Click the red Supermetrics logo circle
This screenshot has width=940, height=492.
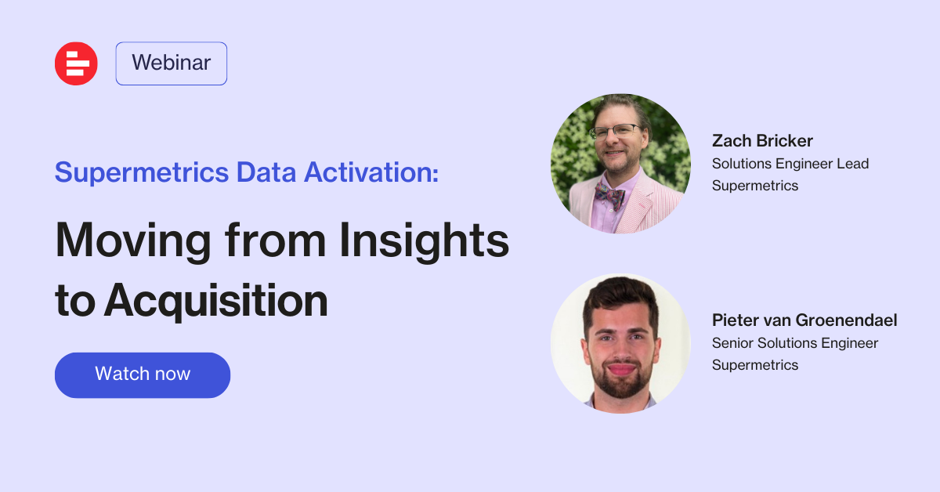click(x=76, y=63)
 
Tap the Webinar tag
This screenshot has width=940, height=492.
click(x=172, y=63)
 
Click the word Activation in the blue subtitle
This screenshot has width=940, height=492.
click(x=371, y=172)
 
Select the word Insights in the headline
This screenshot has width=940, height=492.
click(x=424, y=241)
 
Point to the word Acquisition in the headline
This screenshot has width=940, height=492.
click(x=215, y=301)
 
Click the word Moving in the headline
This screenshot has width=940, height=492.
click(x=133, y=241)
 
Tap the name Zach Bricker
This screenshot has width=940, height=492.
click(x=762, y=141)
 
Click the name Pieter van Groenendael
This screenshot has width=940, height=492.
click(x=804, y=320)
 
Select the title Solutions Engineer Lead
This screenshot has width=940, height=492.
click(x=790, y=164)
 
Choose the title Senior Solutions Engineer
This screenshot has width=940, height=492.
click(x=795, y=343)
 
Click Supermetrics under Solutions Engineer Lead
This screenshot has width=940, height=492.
click(x=755, y=186)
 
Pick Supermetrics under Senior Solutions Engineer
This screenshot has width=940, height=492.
click(x=755, y=365)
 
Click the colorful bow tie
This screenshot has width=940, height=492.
click(x=609, y=195)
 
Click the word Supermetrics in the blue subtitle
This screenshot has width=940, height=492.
click(x=142, y=172)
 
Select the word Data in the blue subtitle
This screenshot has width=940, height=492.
click(x=266, y=172)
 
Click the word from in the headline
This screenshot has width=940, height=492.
click(x=275, y=241)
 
